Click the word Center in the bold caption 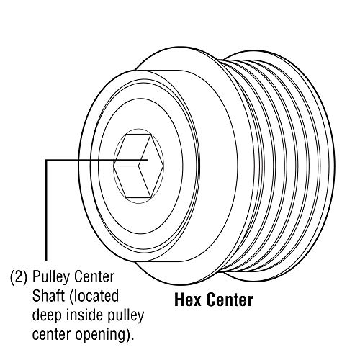pos(230,300)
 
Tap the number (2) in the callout pos(19,277)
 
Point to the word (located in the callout pos(94,297)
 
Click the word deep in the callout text pos(47,316)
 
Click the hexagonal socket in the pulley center pos(139,166)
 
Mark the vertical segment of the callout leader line pos(47,210)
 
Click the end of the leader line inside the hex pos(147,160)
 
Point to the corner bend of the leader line pos(47,160)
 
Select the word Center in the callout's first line pos(94,277)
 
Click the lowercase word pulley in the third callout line pos(125,316)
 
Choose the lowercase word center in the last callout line pos(52,334)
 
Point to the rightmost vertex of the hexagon pos(164,166)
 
